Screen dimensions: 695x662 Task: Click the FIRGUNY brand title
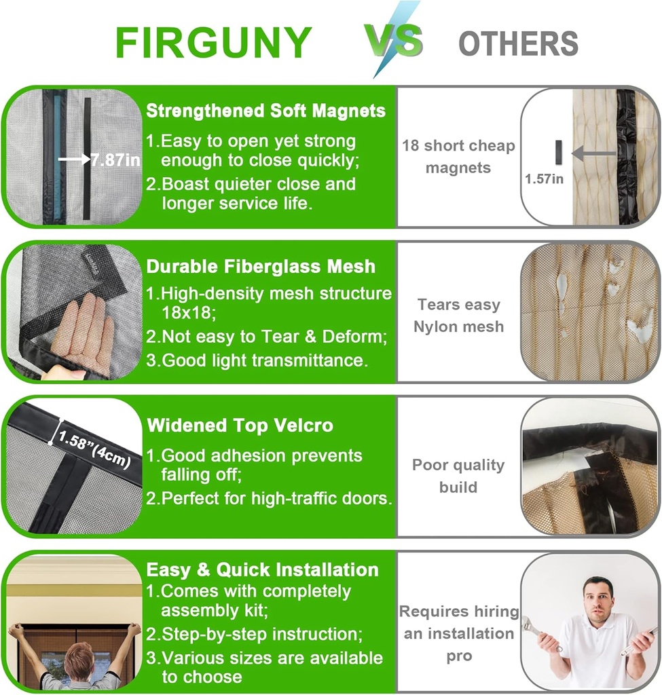click(213, 43)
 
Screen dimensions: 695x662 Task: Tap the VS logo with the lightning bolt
click(394, 41)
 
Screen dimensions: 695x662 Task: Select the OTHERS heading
click(518, 43)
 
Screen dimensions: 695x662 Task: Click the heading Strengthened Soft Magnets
click(265, 111)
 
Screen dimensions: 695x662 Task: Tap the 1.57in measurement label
click(544, 179)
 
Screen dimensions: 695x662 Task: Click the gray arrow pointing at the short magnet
click(593, 153)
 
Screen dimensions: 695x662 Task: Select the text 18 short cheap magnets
click(458, 156)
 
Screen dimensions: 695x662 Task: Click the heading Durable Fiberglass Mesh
click(261, 266)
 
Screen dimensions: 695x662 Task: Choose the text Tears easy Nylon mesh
click(459, 316)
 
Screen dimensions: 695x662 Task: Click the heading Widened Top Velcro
click(240, 426)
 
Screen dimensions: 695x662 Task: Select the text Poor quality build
click(458, 476)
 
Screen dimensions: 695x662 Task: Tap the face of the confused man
click(597, 597)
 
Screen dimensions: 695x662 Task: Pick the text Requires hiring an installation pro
click(458, 633)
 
